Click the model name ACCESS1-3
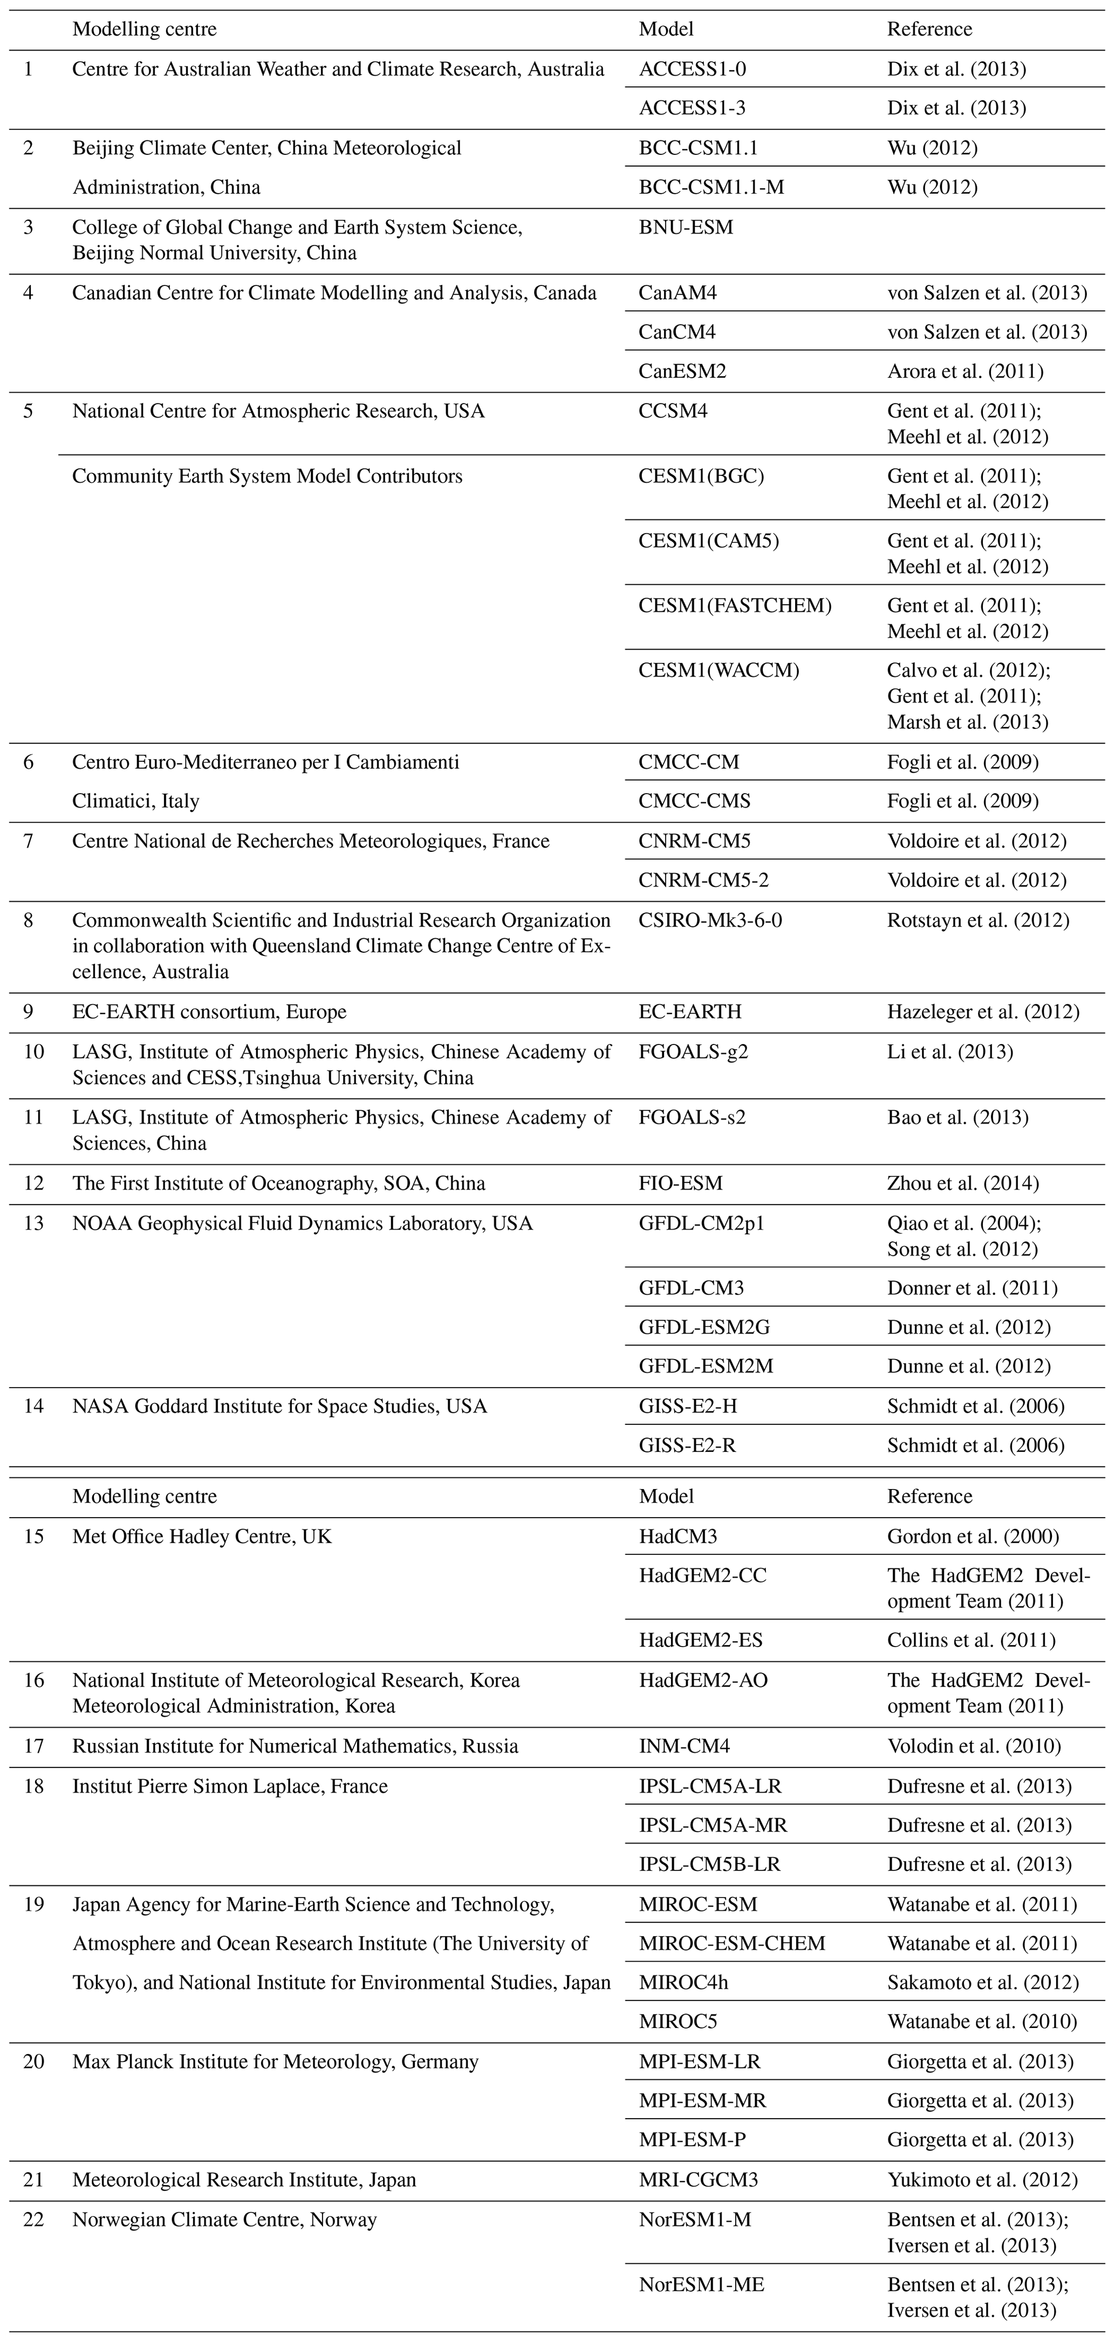[693, 108]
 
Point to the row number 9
[28, 1012]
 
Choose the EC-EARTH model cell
[690, 1012]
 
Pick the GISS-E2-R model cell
[687, 1445]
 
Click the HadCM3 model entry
[678, 1537]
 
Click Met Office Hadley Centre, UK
[202, 1537]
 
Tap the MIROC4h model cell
[683, 1982]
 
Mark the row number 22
[33, 2220]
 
